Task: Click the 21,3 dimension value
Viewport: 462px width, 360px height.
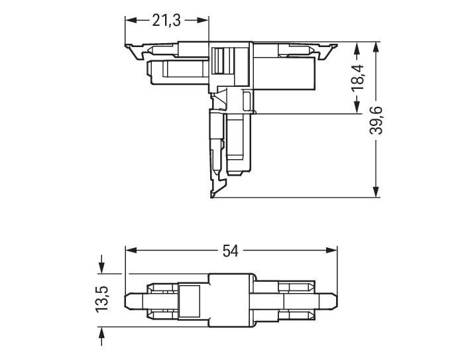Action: (x=166, y=21)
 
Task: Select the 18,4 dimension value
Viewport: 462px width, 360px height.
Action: (x=359, y=78)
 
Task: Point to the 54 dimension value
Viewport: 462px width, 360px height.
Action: (x=231, y=251)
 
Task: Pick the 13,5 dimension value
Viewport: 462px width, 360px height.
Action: (x=101, y=300)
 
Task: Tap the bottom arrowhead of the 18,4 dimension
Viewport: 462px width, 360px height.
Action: (x=359, y=109)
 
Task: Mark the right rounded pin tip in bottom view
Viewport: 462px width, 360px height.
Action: (x=333, y=300)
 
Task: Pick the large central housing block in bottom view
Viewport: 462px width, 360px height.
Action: (x=232, y=300)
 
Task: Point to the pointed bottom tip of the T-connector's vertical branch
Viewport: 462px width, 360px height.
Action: (x=212, y=196)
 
